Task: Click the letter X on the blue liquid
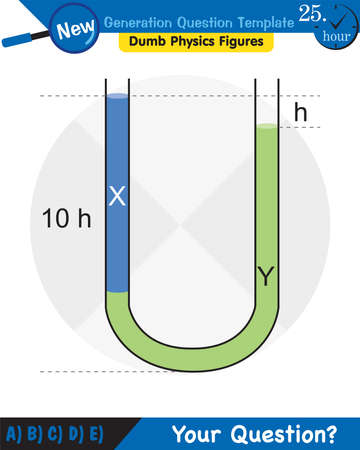tap(117, 197)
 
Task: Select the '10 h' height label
tap(66, 218)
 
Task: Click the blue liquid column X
tap(118, 240)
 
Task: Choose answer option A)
tap(15, 434)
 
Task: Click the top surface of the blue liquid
tap(118, 96)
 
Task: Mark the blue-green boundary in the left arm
tap(118, 292)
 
